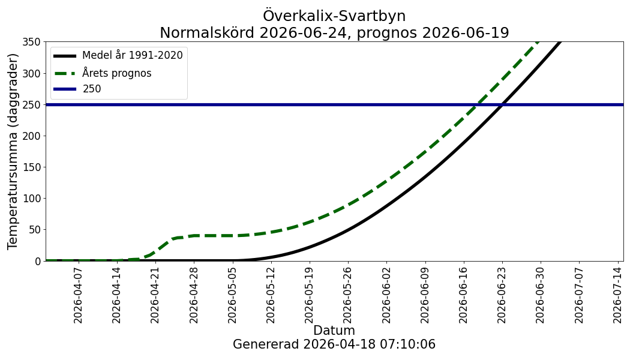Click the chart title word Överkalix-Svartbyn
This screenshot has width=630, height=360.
tap(334, 16)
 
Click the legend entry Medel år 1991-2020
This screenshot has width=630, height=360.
tap(132, 56)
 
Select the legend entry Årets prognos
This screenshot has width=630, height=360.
tap(116, 73)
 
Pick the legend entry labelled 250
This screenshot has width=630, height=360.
tap(92, 89)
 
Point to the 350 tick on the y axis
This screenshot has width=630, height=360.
tap(31, 42)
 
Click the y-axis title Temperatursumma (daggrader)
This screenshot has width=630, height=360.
tap(13, 151)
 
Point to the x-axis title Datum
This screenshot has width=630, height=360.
tap(334, 331)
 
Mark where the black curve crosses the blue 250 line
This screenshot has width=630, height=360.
tap(502, 104)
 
